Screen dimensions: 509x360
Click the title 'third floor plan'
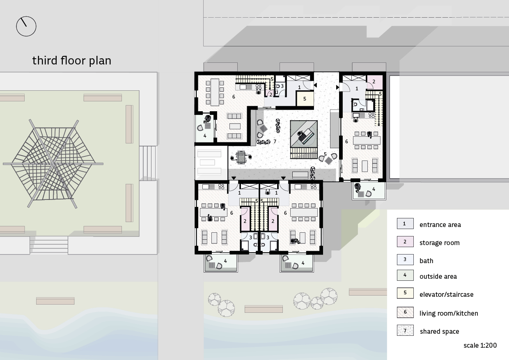tap(72, 61)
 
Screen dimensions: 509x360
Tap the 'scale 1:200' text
tap(480, 346)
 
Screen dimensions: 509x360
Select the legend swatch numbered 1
tap(405, 223)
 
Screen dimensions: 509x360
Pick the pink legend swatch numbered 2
tap(405, 242)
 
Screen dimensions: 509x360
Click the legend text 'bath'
tap(426, 261)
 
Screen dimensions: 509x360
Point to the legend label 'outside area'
tap(438, 276)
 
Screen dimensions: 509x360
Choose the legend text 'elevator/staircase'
tap(447, 295)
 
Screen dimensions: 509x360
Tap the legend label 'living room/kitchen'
tap(449, 313)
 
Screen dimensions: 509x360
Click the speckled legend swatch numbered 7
tap(405, 330)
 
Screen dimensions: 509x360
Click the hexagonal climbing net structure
tap(53, 164)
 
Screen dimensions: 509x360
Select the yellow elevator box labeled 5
tap(305, 99)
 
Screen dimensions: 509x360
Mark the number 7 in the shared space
tap(275, 142)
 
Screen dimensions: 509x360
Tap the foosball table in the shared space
tap(241, 157)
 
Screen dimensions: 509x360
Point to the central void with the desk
tap(304, 134)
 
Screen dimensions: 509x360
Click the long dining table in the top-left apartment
tap(215, 92)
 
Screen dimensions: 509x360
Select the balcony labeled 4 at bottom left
tap(221, 263)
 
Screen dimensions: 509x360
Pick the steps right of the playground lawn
tap(148, 163)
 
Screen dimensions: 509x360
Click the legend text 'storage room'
tap(440, 243)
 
